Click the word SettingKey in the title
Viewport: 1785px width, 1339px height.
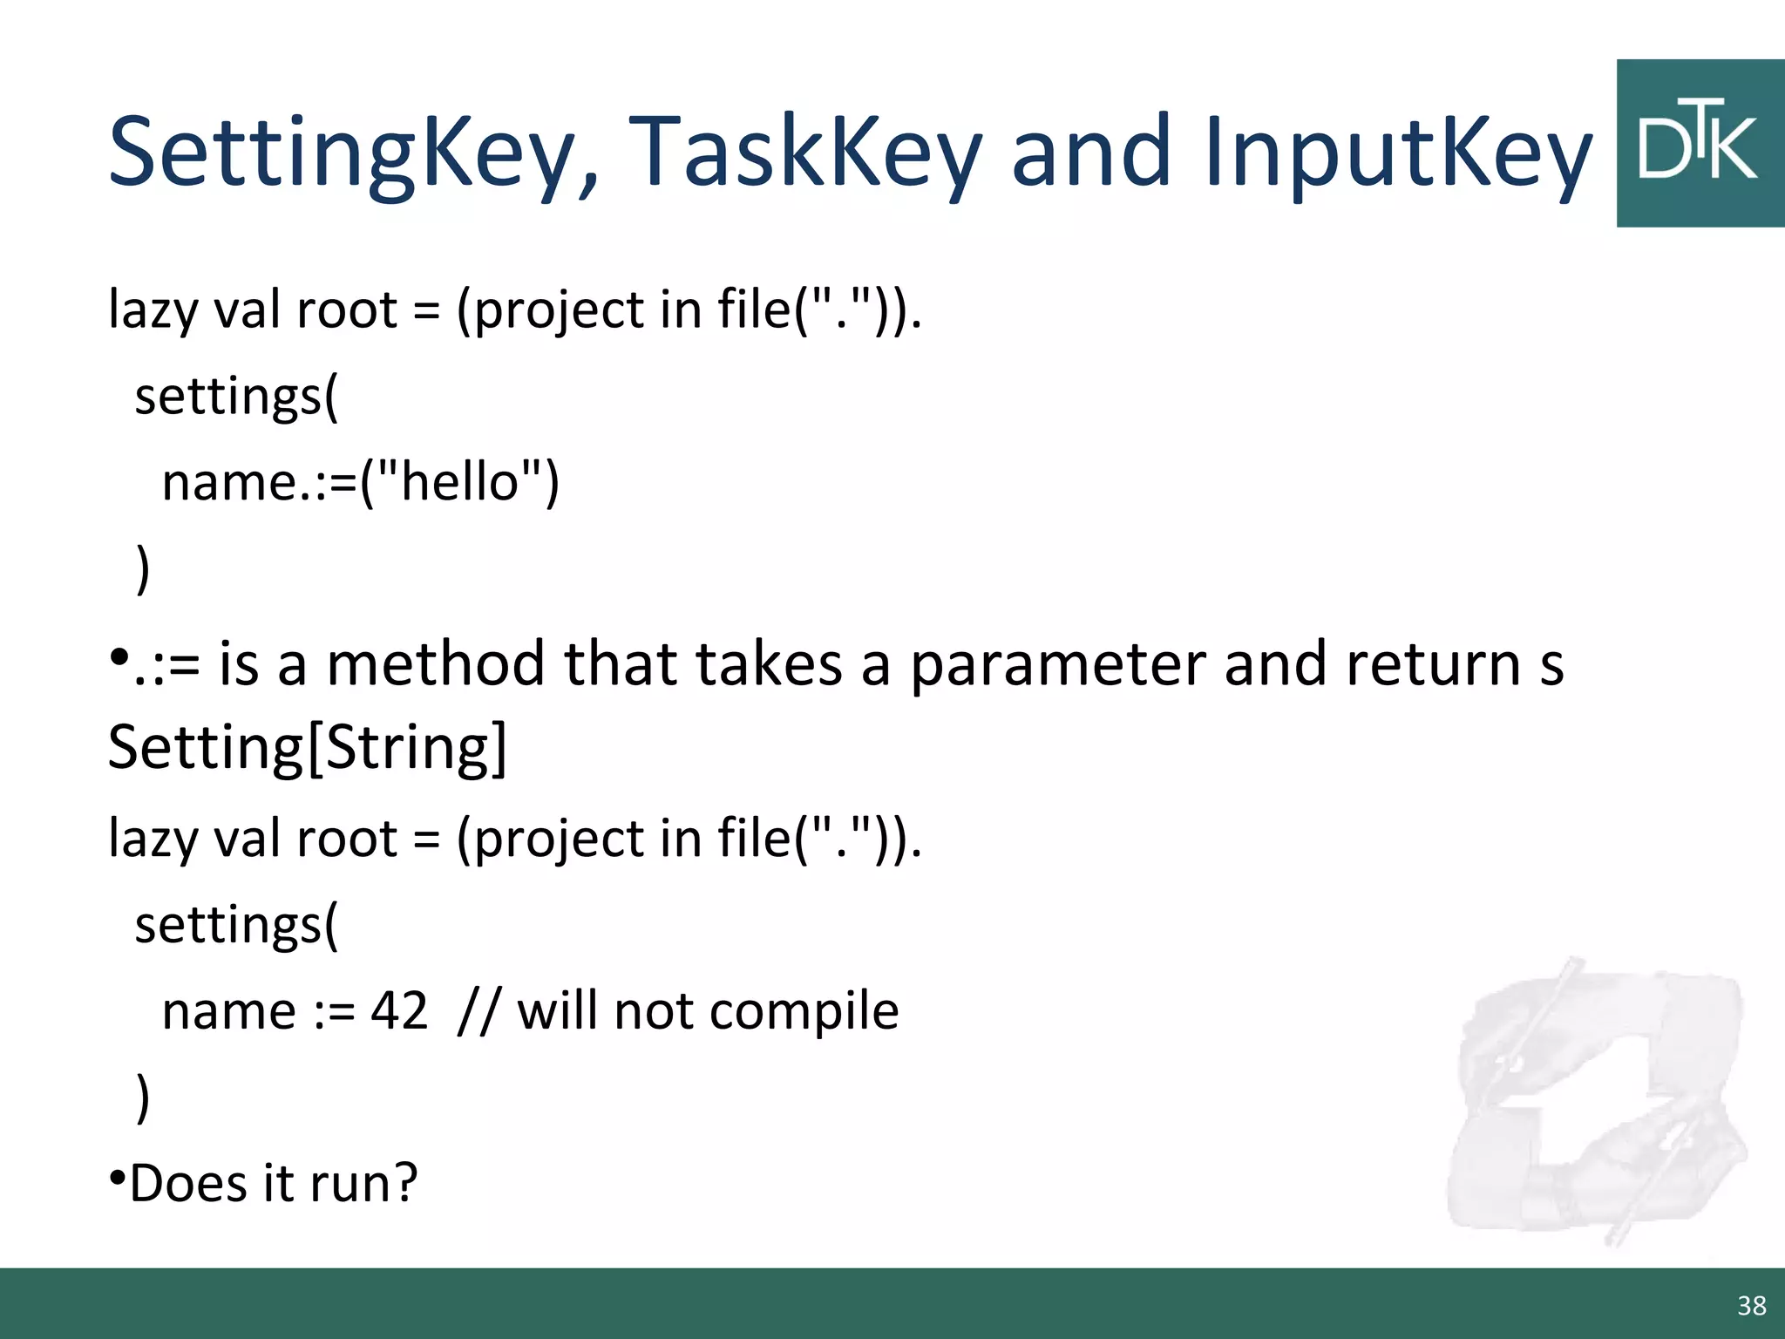coord(353,153)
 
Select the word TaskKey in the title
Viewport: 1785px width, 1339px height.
coord(805,153)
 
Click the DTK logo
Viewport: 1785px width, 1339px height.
coord(1700,144)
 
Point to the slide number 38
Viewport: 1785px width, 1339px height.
coord(1752,1306)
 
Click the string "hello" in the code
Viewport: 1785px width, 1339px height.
coord(460,482)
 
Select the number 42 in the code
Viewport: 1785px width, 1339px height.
coord(399,1011)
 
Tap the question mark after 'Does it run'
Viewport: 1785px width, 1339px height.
coord(404,1184)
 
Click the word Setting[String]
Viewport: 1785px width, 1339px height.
coord(307,748)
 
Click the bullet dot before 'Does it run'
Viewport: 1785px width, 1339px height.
coord(117,1179)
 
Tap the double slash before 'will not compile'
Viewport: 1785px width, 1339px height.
coord(478,1011)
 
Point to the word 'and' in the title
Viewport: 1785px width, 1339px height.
coord(1091,153)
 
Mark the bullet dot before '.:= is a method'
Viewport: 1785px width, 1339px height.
coord(119,656)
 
